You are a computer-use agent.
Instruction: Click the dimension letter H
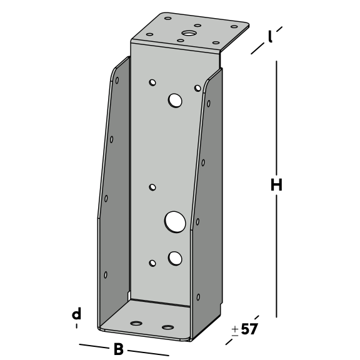276,185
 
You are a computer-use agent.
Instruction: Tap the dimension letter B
119,349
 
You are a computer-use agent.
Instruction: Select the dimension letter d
77,314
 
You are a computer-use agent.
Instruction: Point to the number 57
249,329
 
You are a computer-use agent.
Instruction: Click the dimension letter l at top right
270,37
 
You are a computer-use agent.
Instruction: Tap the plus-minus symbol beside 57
235,331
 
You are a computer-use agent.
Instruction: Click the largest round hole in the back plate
175,222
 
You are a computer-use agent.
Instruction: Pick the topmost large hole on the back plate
175,101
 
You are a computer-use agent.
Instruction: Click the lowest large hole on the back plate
175,258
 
